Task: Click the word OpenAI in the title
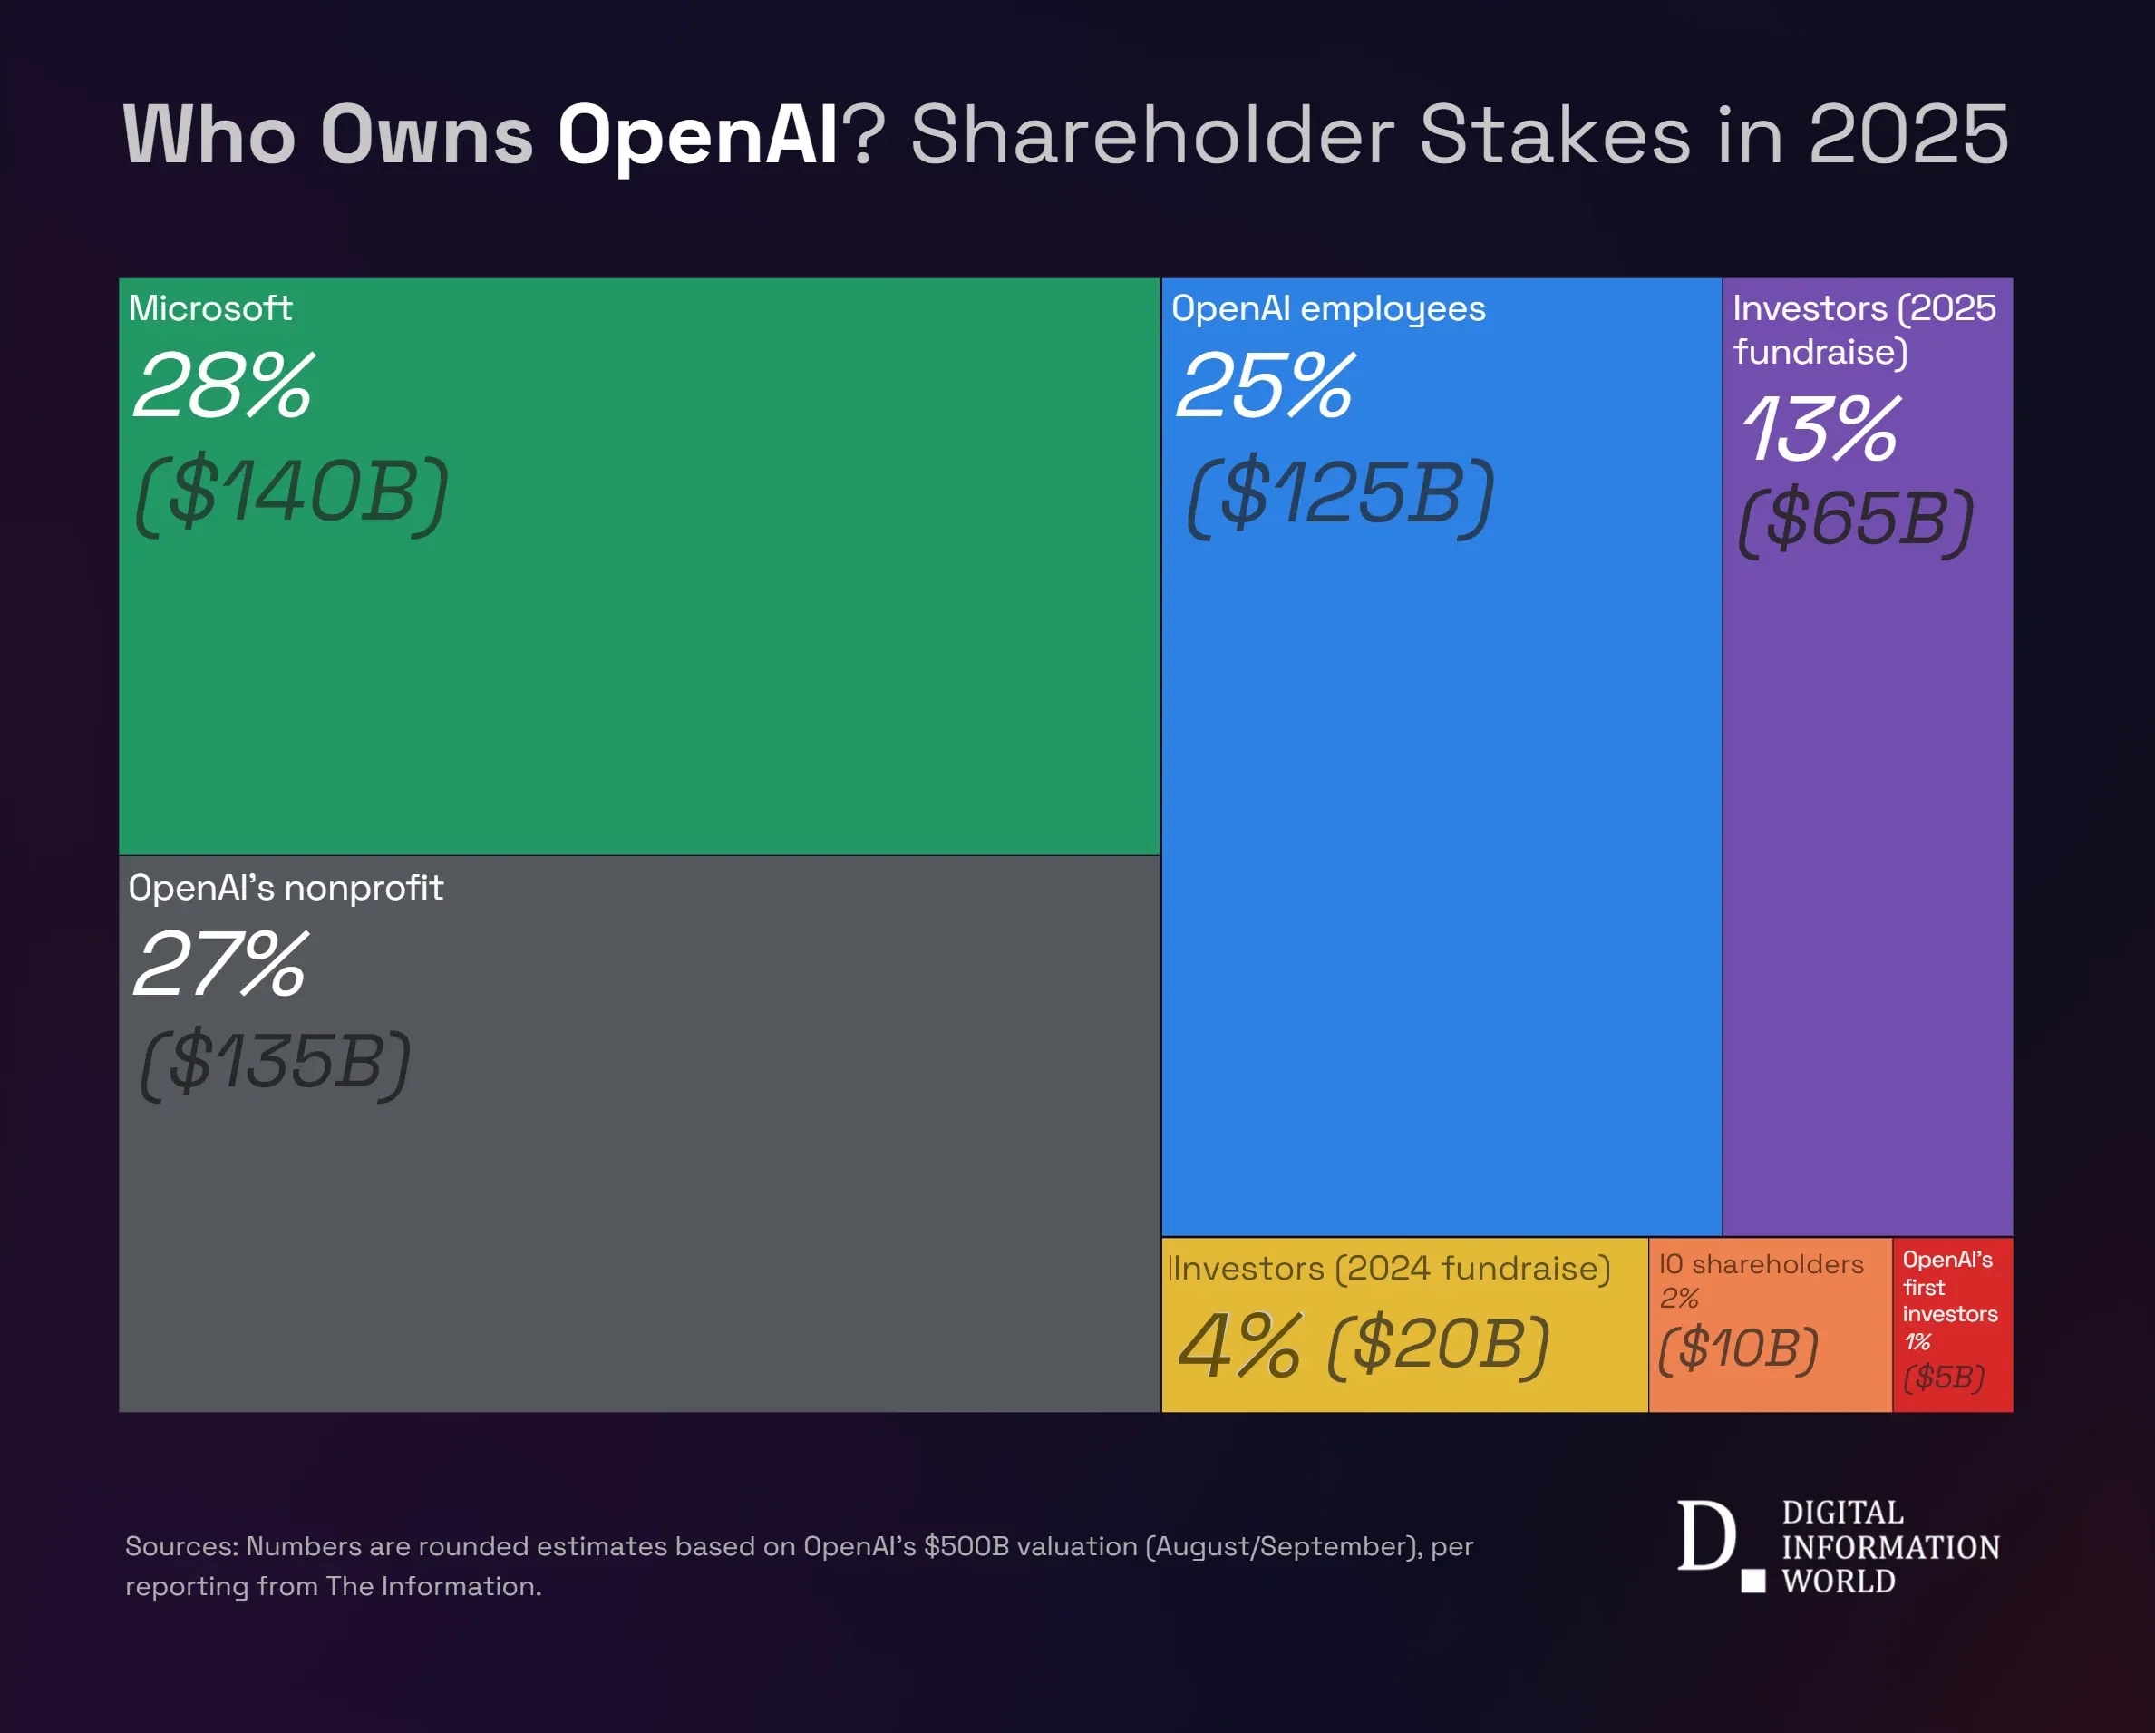point(696,135)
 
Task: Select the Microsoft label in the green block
point(210,308)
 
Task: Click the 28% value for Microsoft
point(223,386)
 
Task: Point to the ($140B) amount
point(292,494)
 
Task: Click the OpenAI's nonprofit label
point(285,888)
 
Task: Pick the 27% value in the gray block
point(220,964)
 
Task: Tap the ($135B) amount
point(275,1062)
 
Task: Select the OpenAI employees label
point(1327,309)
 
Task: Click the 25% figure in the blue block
point(1265,386)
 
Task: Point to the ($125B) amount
point(1340,495)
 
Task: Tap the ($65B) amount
point(1856,520)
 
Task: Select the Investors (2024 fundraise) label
point(1389,1268)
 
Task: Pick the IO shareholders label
point(1762,1264)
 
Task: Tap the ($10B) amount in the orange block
point(1737,1348)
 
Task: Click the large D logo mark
point(1706,1536)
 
